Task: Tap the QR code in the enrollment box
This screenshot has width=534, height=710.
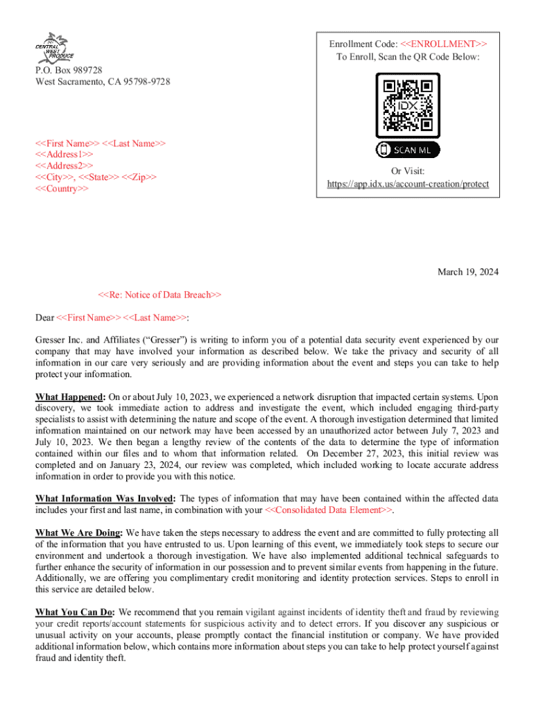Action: point(408,106)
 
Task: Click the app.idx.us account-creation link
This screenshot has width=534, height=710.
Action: point(408,184)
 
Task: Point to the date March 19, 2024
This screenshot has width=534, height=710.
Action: point(467,272)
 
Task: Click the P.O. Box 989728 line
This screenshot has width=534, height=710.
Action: point(69,70)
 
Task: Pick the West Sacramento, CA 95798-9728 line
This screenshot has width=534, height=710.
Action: point(103,82)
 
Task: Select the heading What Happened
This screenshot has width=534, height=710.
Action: point(69,397)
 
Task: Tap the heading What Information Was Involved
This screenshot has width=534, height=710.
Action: point(105,499)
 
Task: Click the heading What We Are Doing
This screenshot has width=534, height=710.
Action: point(78,532)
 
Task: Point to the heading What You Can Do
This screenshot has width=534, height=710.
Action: point(75,612)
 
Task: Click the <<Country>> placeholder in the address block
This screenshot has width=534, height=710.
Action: point(62,189)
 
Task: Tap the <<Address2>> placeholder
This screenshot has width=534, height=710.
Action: point(64,166)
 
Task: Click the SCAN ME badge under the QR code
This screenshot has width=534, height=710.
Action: point(408,150)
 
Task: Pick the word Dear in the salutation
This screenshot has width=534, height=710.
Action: point(44,318)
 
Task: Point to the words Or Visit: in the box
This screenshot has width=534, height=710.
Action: point(408,171)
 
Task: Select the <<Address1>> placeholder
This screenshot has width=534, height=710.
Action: point(64,155)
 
